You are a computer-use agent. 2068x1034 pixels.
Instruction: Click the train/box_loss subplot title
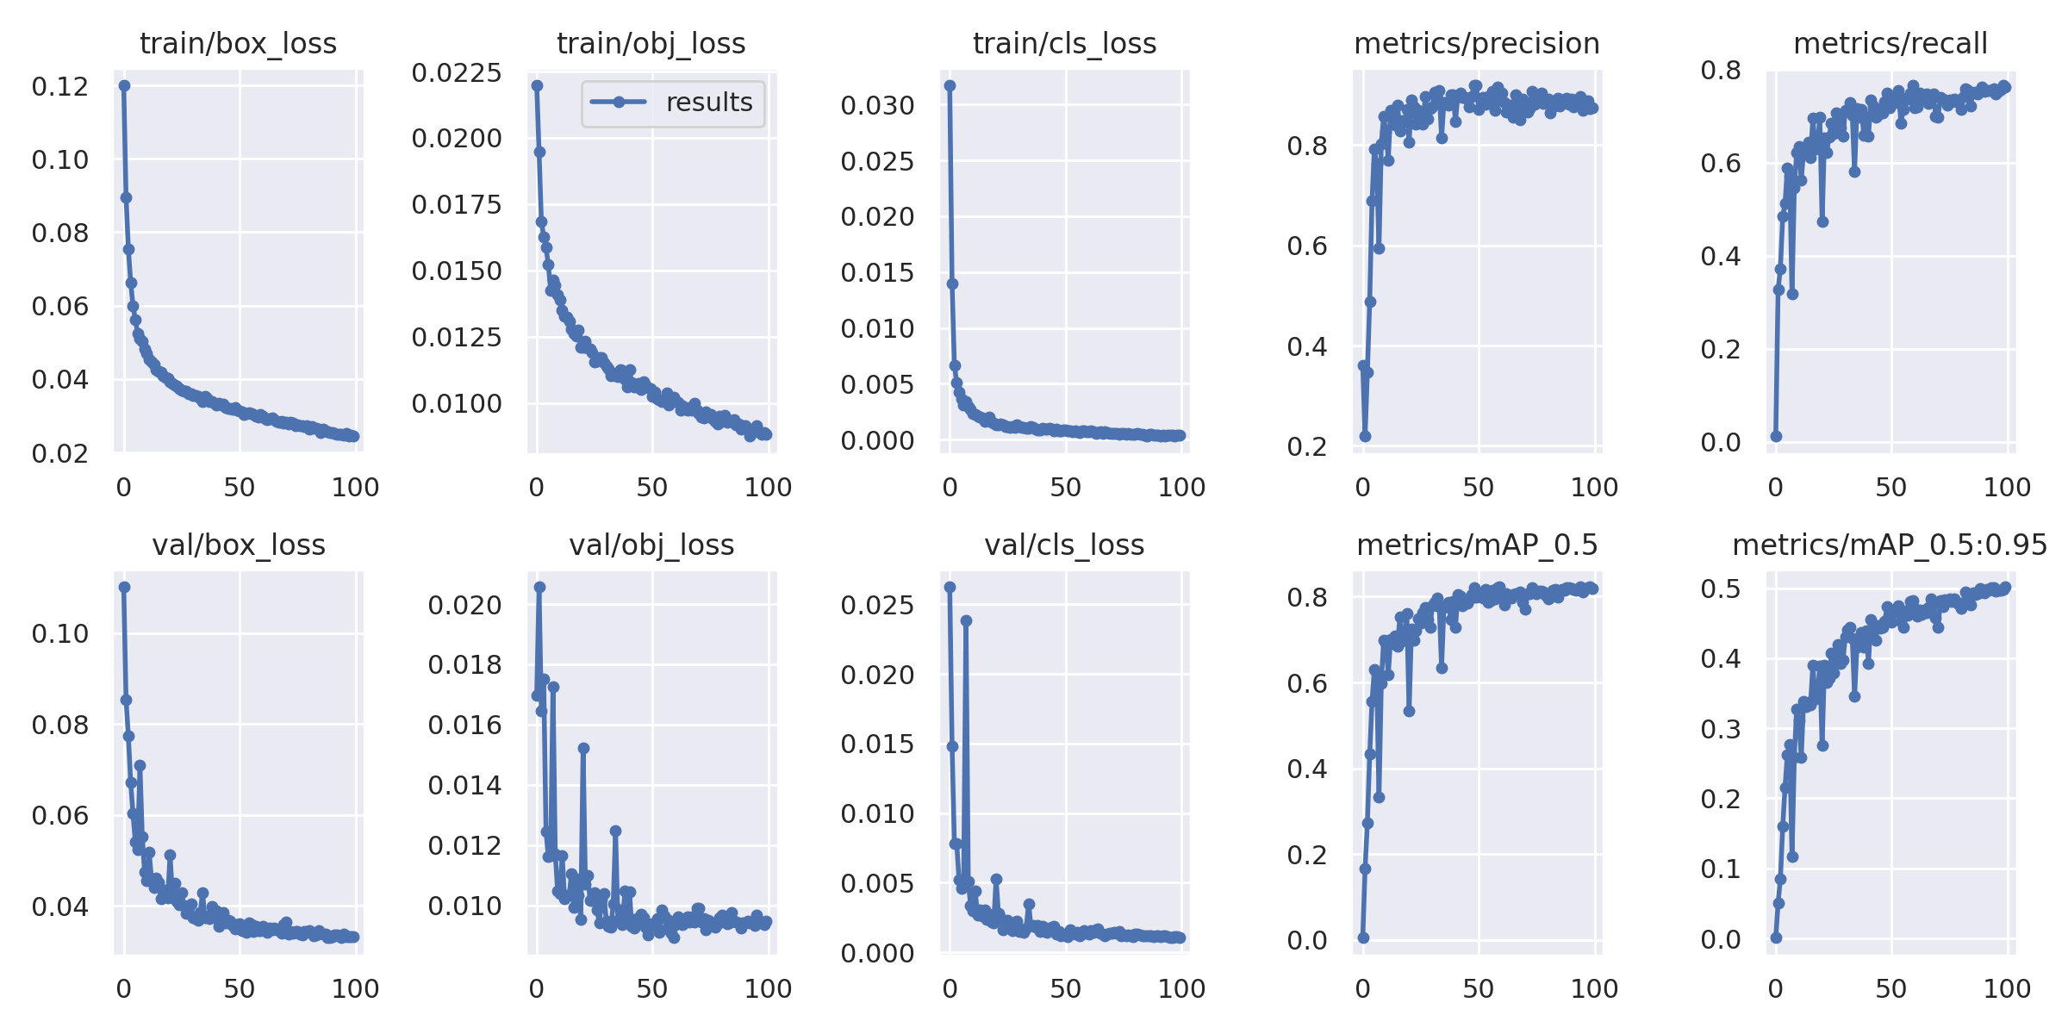pyautogui.click(x=238, y=43)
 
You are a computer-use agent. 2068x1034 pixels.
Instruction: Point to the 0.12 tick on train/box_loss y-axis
pyautogui.click(x=59, y=86)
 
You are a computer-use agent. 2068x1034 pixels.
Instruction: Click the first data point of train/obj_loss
pyautogui.click(x=537, y=85)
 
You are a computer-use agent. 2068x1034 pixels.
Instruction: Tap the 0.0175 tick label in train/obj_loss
pyautogui.click(x=456, y=205)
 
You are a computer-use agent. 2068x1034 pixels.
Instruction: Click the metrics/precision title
pyautogui.click(x=1476, y=43)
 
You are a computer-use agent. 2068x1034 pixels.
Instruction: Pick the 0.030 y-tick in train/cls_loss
pyautogui.click(x=877, y=106)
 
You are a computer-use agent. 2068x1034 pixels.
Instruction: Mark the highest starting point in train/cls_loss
pyautogui.click(x=950, y=85)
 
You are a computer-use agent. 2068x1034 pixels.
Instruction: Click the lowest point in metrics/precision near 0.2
pyautogui.click(x=1365, y=436)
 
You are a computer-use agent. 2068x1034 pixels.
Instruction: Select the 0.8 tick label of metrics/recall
pyautogui.click(x=1720, y=70)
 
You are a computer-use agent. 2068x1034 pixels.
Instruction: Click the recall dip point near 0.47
pyautogui.click(x=1822, y=221)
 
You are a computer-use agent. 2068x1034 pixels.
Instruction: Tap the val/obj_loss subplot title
pyautogui.click(x=651, y=545)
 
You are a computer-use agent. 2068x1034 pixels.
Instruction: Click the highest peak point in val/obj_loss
pyautogui.click(x=539, y=587)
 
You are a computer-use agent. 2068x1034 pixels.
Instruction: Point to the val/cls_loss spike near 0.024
pyautogui.click(x=966, y=620)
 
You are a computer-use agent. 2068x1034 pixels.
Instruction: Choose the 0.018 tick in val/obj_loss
pyautogui.click(x=464, y=665)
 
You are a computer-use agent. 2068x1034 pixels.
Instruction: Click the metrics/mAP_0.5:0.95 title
pyautogui.click(x=1889, y=545)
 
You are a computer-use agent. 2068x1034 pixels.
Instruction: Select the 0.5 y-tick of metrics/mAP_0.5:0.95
pyautogui.click(x=1720, y=589)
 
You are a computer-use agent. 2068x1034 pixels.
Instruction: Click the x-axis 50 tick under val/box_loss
pyautogui.click(x=239, y=989)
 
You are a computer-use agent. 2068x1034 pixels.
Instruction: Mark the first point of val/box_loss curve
pyautogui.click(x=124, y=587)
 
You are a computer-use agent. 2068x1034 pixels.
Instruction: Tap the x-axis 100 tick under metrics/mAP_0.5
pyautogui.click(x=1593, y=989)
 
